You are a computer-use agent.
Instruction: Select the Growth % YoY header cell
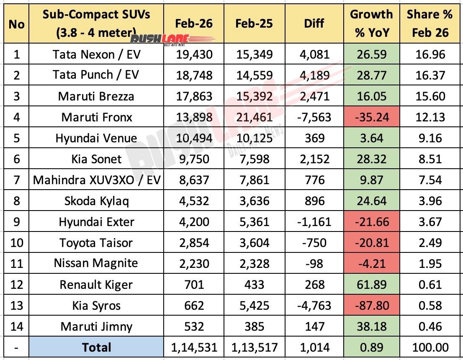tap(371, 23)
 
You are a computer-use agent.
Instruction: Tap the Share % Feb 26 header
tap(430, 23)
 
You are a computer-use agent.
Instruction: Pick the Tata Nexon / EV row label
tap(96, 54)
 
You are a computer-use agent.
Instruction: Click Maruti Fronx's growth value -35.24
tap(371, 117)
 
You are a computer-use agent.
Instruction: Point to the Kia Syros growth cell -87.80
tap(371, 306)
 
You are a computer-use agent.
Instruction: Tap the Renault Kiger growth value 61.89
tap(371, 285)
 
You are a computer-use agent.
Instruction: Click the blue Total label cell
tap(96, 347)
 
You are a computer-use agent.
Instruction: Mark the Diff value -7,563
tap(314, 117)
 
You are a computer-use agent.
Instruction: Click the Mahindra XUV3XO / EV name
tap(96, 180)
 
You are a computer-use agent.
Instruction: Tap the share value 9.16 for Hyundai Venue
tap(430, 138)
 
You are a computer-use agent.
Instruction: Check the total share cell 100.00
tap(430, 347)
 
